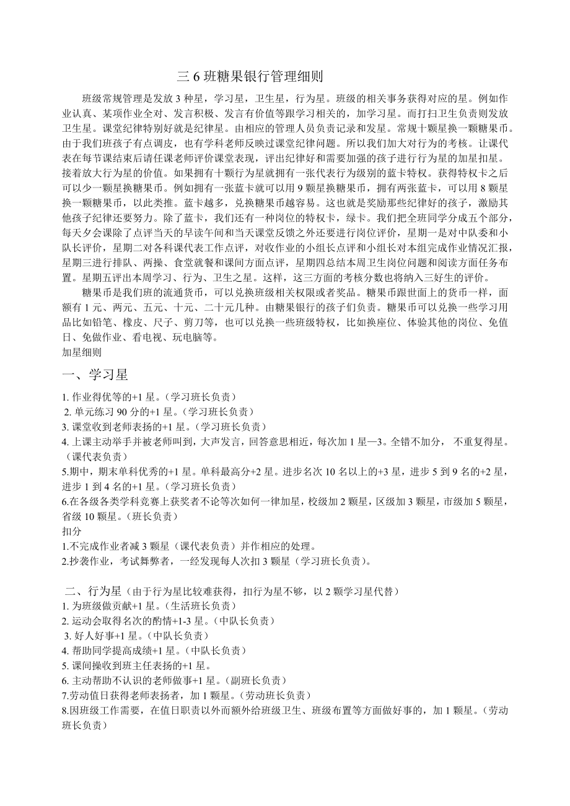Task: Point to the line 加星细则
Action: click(82, 352)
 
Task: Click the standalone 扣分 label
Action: click(72, 531)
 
